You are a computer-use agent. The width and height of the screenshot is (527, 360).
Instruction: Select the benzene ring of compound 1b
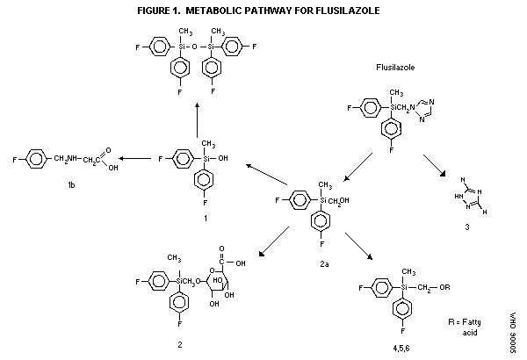coord(36,159)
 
